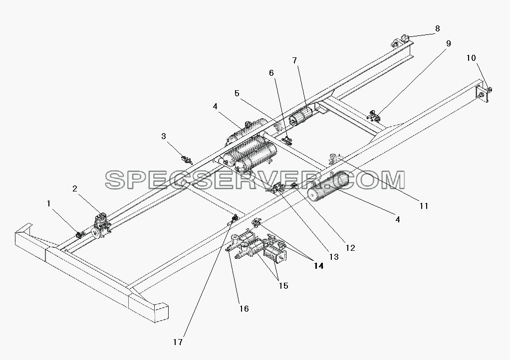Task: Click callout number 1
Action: (x=49, y=204)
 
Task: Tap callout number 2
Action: (x=75, y=188)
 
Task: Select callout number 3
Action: (x=164, y=136)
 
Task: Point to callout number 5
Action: (x=237, y=94)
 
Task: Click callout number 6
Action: (x=271, y=73)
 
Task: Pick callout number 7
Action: (x=295, y=60)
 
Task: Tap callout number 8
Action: (x=438, y=28)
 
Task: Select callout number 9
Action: (x=449, y=43)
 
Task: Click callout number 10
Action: (x=471, y=58)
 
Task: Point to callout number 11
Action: (x=424, y=206)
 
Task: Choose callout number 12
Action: (x=350, y=248)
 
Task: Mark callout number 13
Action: (x=334, y=257)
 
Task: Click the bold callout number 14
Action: (x=319, y=266)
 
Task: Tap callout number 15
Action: (x=283, y=286)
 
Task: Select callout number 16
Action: (x=244, y=309)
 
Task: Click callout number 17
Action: (x=178, y=342)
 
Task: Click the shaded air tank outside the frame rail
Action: (x=327, y=187)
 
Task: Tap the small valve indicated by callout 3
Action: (x=187, y=160)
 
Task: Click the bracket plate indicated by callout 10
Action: (x=483, y=94)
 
